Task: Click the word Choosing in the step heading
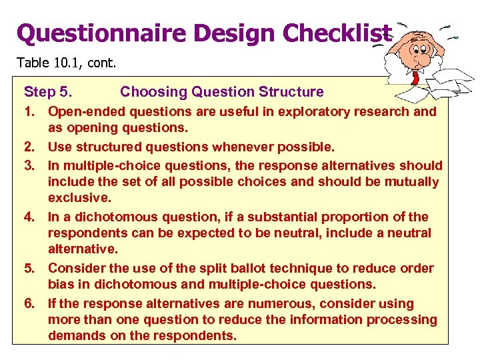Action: (149, 92)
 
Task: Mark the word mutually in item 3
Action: (413, 182)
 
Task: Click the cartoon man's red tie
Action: (415, 76)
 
